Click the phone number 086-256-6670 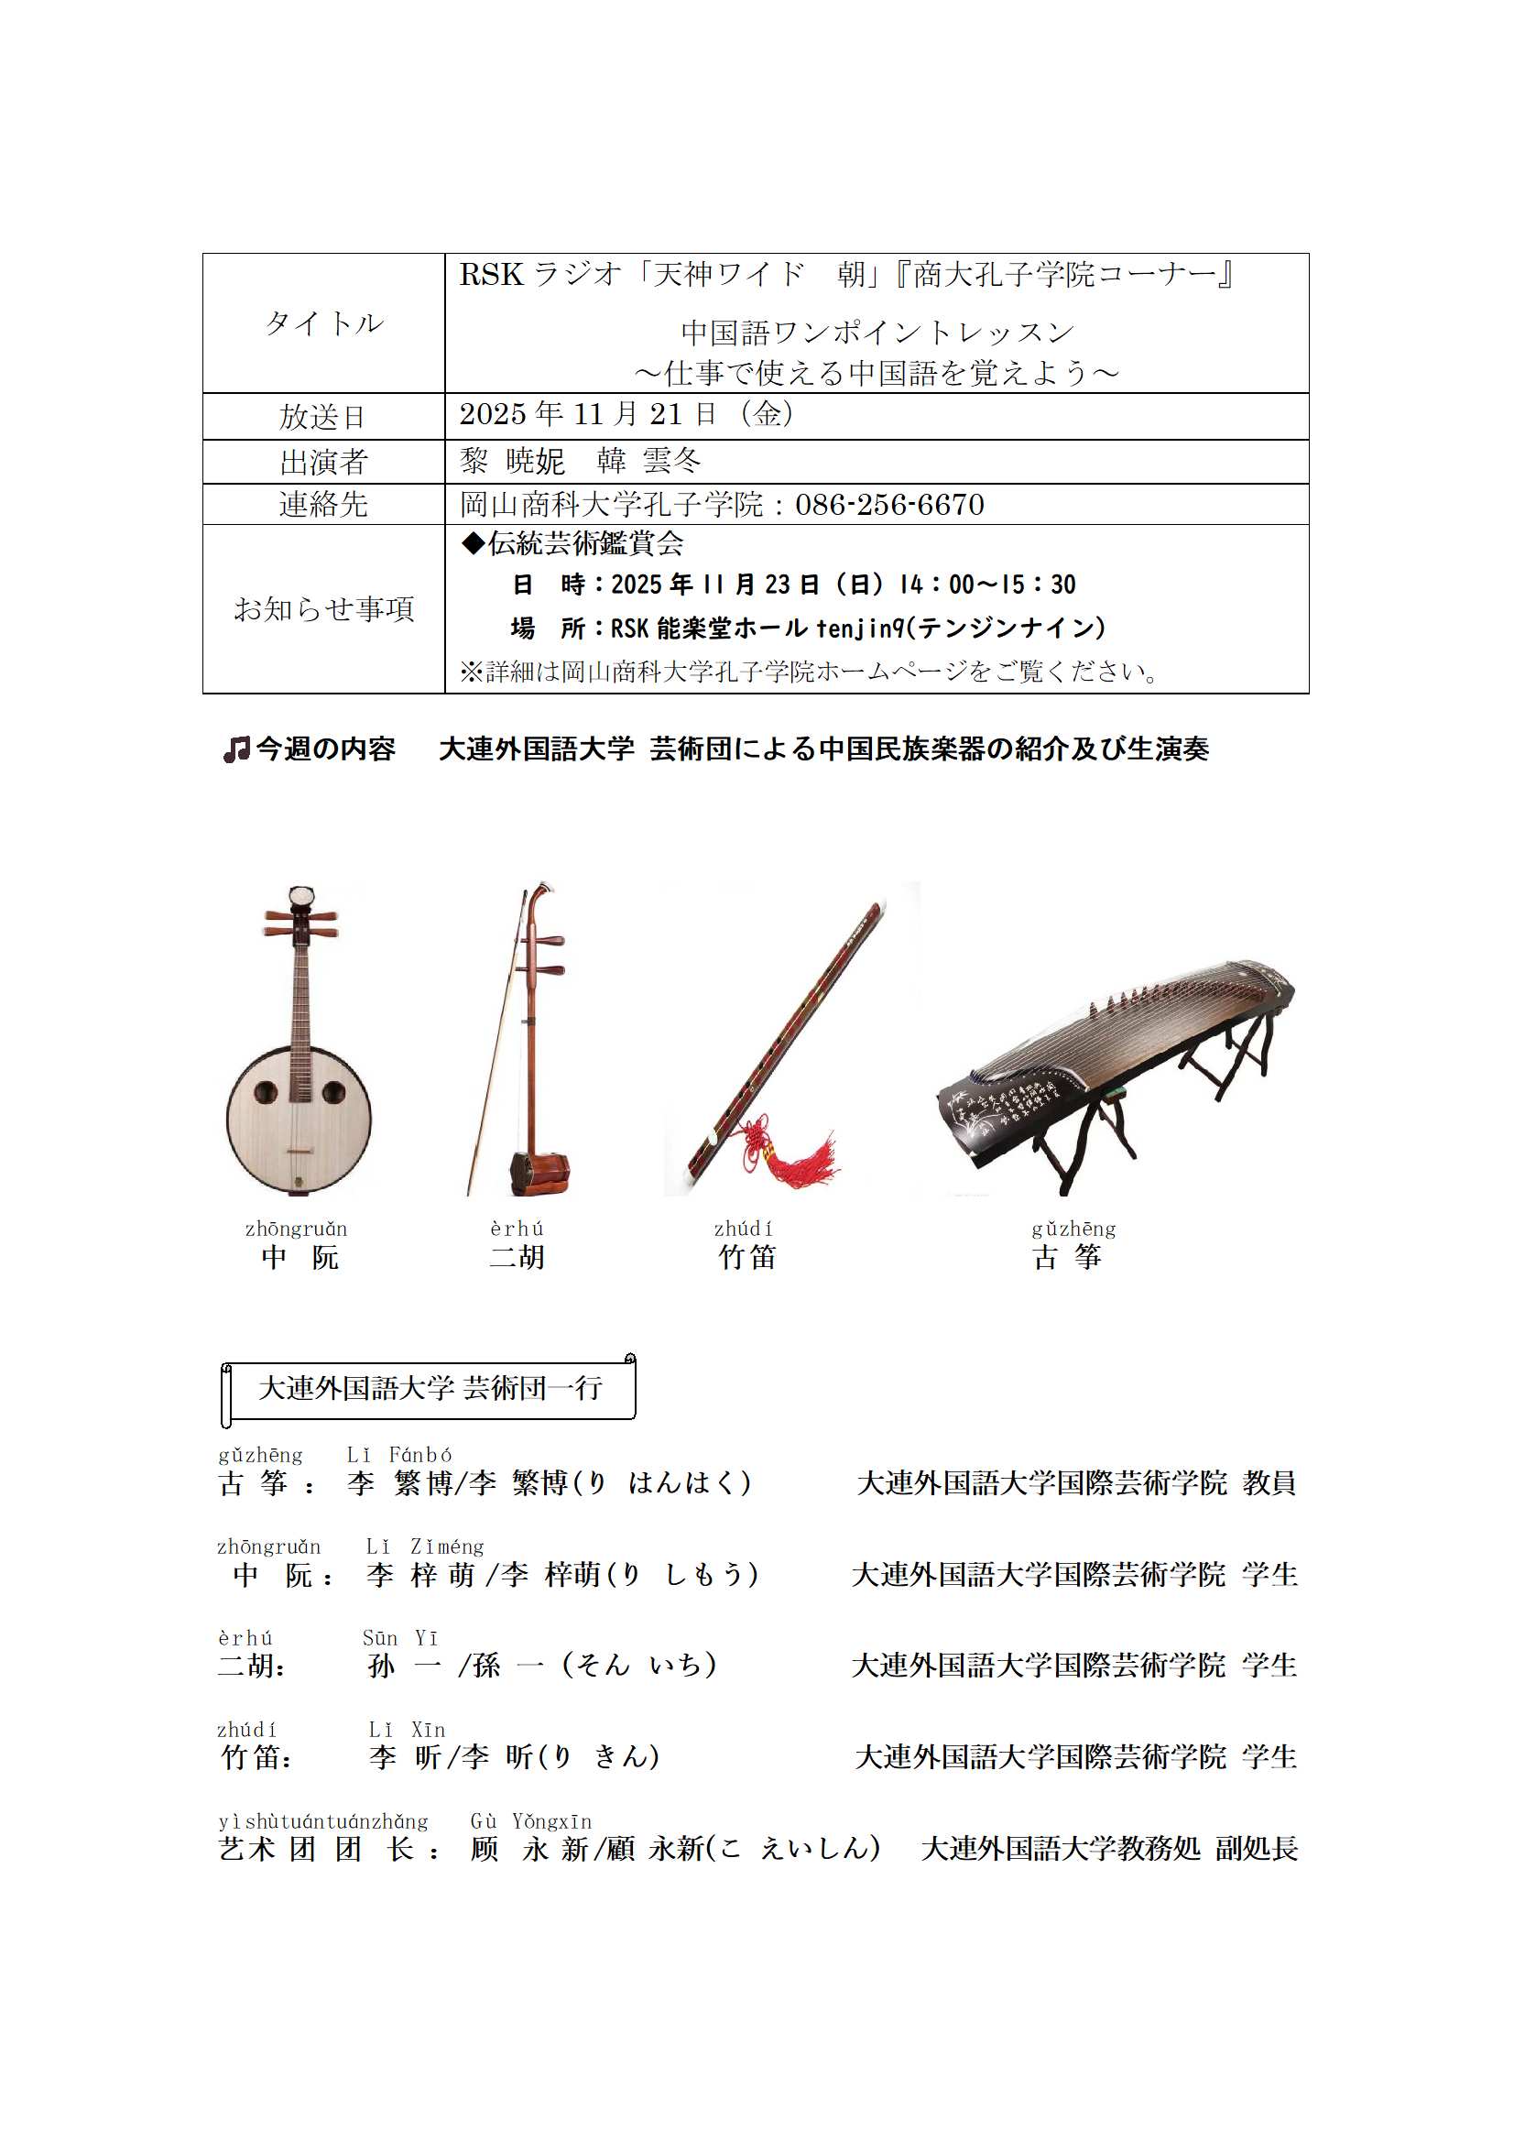tap(889, 505)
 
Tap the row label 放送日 tap(322, 416)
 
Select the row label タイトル tap(322, 322)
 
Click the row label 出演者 tap(322, 462)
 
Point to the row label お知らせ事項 tap(322, 608)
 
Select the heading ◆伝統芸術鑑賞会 tap(572, 543)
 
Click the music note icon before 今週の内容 tap(236, 749)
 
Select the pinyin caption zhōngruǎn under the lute tap(296, 1229)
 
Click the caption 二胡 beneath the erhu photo tap(516, 1258)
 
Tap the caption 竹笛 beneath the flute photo tap(746, 1258)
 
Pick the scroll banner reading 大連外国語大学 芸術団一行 tap(430, 1388)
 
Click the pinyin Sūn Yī tap(399, 1638)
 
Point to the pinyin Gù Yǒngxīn tap(531, 1821)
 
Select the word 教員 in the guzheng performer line tap(1269, 1482)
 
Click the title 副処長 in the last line tap(1256, 1848)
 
